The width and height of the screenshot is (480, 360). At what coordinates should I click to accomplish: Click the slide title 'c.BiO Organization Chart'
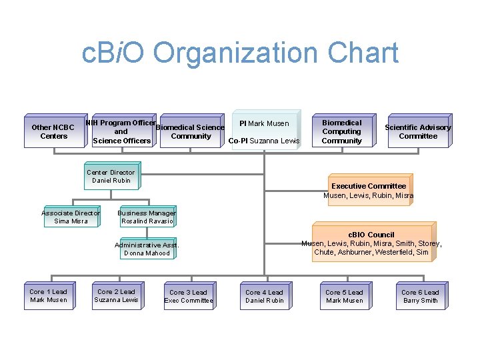pos(240,54)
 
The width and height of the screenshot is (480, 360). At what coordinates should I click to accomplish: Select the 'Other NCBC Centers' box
pos(54,131)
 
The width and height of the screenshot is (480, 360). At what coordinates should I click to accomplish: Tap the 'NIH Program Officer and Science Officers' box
pos(121,131)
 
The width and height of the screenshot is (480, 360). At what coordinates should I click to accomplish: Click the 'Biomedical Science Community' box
pos(190,131)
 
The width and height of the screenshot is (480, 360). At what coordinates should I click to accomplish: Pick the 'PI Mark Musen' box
pos(264,123)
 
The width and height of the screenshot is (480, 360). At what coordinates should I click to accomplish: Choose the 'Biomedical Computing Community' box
pos(341,131)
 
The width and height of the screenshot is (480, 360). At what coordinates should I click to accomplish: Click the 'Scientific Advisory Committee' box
pos(418,131)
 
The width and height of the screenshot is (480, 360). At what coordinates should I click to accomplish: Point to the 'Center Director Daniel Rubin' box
pos(111,176)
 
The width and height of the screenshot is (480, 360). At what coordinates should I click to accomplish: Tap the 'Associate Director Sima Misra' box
pos(71,217)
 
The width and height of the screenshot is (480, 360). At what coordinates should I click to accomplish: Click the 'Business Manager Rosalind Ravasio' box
pos(146,217)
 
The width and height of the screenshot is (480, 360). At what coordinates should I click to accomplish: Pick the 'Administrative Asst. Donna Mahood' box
pos(147,249)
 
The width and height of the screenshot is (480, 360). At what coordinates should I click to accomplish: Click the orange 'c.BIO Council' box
pos(371,243)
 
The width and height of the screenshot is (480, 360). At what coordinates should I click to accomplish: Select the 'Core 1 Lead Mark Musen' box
pos(49,296)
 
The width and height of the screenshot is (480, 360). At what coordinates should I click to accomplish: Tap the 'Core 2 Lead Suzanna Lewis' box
pos(116,296)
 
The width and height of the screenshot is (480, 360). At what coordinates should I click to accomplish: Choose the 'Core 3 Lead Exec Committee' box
pos(189,296)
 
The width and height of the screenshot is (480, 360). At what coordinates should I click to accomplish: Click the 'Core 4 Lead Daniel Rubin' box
pos(264,296)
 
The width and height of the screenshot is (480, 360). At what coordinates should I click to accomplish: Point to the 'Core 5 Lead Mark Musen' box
pos(344,296)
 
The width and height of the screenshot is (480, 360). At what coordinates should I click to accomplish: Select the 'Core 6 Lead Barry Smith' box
pos(420,296)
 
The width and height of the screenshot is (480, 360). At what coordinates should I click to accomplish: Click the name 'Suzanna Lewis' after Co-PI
pos(275,141)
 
